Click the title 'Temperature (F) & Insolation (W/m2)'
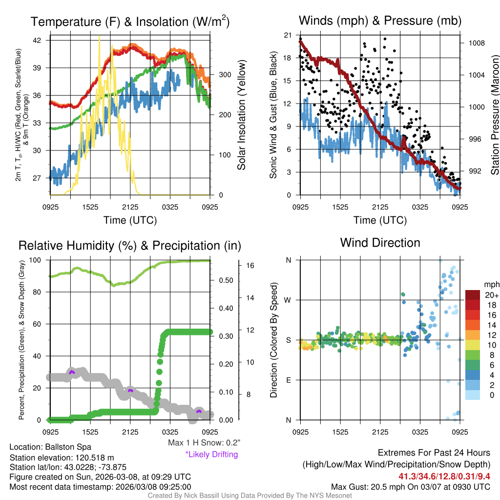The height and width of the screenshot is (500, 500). tap(130, 21)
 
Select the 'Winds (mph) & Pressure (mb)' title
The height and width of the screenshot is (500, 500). tap(380, 21)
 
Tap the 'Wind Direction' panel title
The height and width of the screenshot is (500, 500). tap(380, 243)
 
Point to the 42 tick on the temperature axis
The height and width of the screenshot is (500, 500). tap(40, 40)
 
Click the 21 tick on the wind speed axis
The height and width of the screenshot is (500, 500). tap(288, 35)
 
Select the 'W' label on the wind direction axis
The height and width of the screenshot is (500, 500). tap(288, 300)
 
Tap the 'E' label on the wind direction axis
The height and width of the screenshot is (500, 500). tap(288, 380)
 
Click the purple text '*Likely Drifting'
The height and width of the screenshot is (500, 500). tap(211, 455)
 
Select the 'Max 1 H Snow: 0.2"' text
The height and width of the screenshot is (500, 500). tap(204, 443)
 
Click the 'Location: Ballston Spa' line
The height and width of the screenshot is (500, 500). tap(50, 447)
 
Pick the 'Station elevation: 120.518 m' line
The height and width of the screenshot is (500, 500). tap(62, 458)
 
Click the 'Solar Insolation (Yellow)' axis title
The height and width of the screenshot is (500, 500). tap(241, 115)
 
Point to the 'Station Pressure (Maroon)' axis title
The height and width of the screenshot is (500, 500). tap(494, 115)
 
